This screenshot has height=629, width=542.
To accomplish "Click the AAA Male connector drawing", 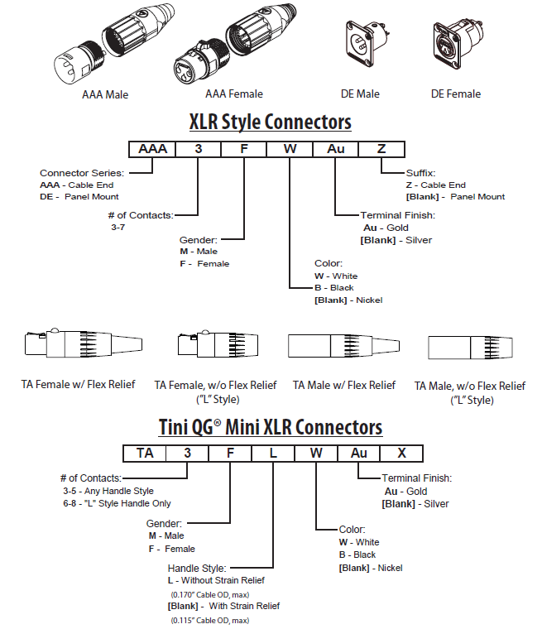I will click(x=106, y=48).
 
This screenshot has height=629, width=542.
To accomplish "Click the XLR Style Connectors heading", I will click(x=271, y=122).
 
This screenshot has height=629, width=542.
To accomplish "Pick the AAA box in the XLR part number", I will click(x=152, y=149).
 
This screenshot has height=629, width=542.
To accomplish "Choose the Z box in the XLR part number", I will click(x=381, y=149).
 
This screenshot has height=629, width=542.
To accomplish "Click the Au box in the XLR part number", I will click(x=335, y=149).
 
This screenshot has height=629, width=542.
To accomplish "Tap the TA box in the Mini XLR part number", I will click(x=145, y=453).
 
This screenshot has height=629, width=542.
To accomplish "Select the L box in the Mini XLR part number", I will click(x=273, y=453).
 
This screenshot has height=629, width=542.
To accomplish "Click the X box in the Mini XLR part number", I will click(x=402, y=453).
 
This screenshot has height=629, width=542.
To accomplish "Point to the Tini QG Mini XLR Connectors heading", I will click(x=271, y=426).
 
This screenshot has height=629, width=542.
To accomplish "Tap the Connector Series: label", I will click(x=82, y=173).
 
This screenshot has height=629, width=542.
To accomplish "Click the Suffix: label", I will click(x=420, y=173).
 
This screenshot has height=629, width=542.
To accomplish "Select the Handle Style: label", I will click(x=197, y=569).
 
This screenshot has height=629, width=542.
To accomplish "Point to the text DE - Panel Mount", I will click(x=79, y=196).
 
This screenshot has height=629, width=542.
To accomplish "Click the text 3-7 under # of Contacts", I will click(x=118, y=227).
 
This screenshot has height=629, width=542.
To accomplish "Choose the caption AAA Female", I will click(x=235, y=94).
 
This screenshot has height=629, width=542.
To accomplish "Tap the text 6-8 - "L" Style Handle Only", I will click(x=117, y=502).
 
